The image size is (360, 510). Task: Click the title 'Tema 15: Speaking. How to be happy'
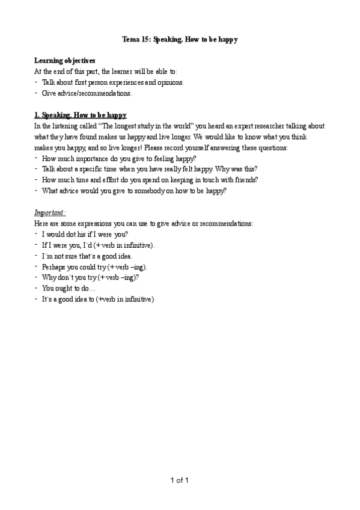[180, 39]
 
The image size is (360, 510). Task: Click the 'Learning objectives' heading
[64, 61]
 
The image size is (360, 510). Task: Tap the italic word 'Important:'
[50, 212]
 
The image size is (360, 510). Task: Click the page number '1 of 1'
[180, 480]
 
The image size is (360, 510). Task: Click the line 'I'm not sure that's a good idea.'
[91, 256]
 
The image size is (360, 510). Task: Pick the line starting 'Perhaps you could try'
[94, 266]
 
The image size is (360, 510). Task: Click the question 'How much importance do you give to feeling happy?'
[119, 158]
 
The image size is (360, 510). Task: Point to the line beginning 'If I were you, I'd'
[98, 245]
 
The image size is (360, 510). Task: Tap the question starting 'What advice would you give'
[134, 191]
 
